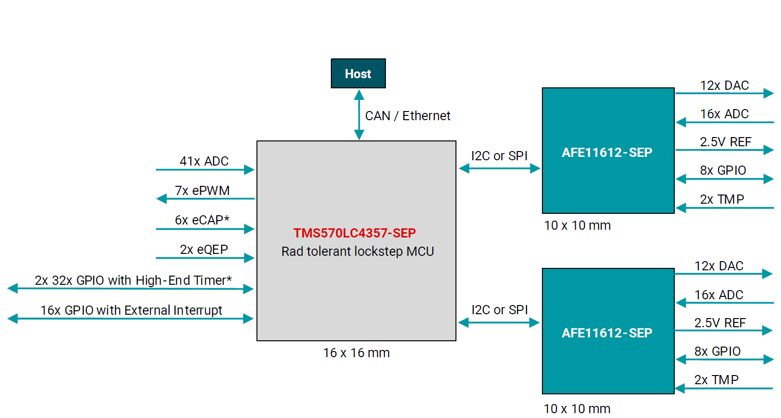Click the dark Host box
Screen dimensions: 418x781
358,73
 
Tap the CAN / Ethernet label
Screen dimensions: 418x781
407,116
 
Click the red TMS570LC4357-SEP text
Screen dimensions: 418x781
355,233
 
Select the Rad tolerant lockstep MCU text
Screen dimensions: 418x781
357,251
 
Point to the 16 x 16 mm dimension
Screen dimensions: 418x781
356,353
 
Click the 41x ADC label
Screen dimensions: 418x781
204,161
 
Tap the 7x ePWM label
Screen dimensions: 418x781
202,191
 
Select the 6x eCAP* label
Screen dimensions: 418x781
202,220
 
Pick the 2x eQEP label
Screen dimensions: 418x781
204,250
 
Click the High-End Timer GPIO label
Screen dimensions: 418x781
133,280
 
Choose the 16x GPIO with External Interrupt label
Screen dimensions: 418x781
131,310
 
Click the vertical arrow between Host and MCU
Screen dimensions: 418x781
359,115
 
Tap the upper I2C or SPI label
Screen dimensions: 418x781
499,156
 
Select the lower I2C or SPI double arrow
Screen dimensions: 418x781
499,322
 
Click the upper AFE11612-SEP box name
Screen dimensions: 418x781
607,153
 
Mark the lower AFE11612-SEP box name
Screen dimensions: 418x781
607,333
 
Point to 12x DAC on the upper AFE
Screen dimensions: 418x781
724,85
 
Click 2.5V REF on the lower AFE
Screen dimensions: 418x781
720,323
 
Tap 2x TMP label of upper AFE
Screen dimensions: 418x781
722,199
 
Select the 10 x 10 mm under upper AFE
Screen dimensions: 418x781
577,225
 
